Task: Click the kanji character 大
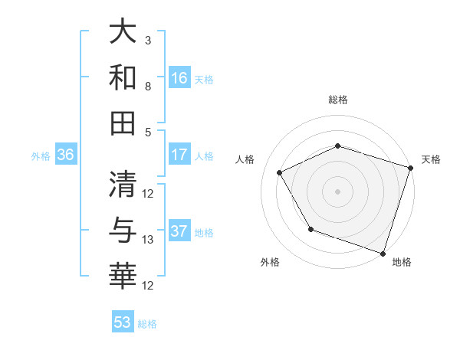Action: click(123, 33)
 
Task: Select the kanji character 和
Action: click(123, 77)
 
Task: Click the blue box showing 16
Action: click(179, 77)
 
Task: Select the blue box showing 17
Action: click(179, 155)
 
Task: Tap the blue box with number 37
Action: click(179, 232)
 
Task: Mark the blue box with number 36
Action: click(66, 155)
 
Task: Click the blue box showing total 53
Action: click(123, 322)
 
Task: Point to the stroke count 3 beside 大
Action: click(148, 39)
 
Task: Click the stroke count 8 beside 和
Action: click(148, 87)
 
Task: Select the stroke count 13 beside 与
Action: click(148, 240)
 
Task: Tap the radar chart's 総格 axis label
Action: click(338, 100)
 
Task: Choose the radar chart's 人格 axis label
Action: click(246, 159)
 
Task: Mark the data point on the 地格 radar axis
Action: click(382, 252)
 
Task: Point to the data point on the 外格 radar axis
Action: click(310, 229)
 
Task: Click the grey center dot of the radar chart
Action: click(338, 191)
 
